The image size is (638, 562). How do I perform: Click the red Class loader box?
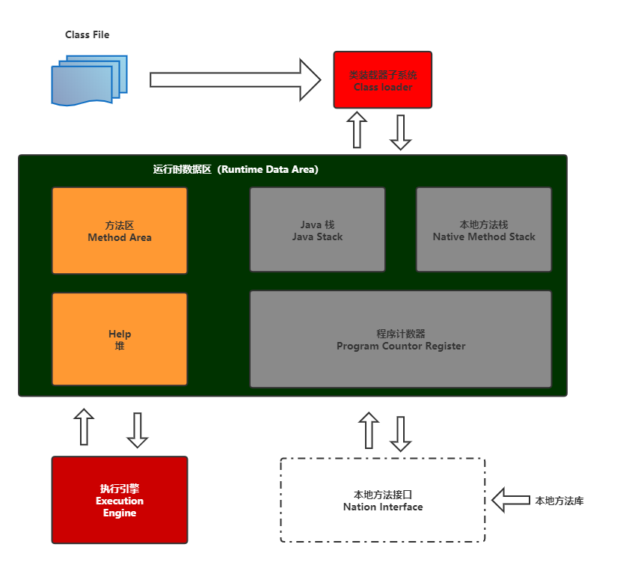tap(382, 80)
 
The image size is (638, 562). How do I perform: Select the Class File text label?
tap(88, 35)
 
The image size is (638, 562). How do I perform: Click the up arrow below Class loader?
tap(358, 130)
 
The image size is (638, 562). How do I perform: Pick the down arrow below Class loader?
tap(402, 132)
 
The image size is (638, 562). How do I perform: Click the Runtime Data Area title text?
tap(236, 170)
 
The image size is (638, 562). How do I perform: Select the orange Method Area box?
tap(120, 230)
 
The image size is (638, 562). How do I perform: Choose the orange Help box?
tap(120, 339)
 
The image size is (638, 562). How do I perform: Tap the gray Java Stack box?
tap(317, 230)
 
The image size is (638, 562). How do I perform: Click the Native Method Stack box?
tap(484, 230)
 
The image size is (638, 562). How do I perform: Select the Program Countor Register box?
tap(401, 339)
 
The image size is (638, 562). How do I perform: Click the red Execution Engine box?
tap(120, 500)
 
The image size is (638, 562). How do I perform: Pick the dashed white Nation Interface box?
tap(383, 500)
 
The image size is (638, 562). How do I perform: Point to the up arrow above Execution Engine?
tap(85, 427)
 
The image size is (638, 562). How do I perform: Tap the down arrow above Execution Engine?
tap(138, 430)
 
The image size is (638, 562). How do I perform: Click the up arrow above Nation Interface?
tap(369, 430)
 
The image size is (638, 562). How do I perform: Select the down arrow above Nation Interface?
tap(401, 433)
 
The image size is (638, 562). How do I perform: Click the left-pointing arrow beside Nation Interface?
tap(511, 500)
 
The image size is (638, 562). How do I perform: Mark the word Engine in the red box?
tap(120, 513)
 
